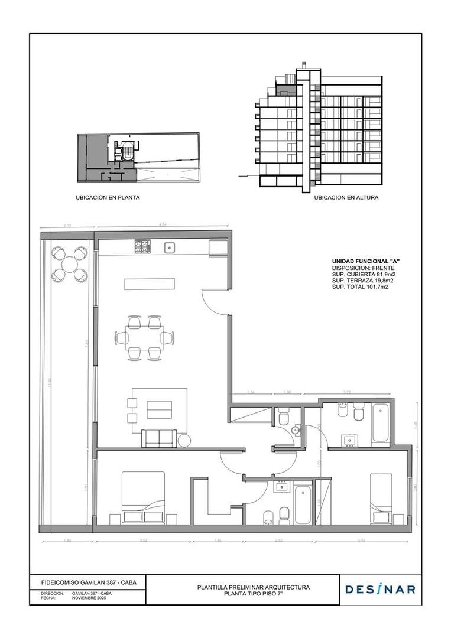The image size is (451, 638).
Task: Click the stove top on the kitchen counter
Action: pos(142,246)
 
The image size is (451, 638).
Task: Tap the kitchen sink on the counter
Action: pos(170,247)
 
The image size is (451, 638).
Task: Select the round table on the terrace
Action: pos(70,263)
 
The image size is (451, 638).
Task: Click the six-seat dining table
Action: pos(145,338)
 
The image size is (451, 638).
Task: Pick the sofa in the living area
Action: pos(158,438)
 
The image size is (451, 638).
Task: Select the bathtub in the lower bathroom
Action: pos(303,504)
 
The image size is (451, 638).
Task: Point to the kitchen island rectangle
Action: pos(150,284)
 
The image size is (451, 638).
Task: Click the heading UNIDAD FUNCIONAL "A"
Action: pos(362,261)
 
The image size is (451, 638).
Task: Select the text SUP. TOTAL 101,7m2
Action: pos(360,287)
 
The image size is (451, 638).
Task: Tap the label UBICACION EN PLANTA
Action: pos(108,198)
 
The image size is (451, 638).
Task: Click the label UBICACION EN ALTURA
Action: pos(346,198)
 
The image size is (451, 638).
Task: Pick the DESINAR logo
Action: pos(380,589)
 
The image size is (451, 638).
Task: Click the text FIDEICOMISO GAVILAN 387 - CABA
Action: pos(85,582)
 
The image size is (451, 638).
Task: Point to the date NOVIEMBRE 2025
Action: pos(89,598)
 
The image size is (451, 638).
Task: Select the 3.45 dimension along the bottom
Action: pos(361,540)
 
